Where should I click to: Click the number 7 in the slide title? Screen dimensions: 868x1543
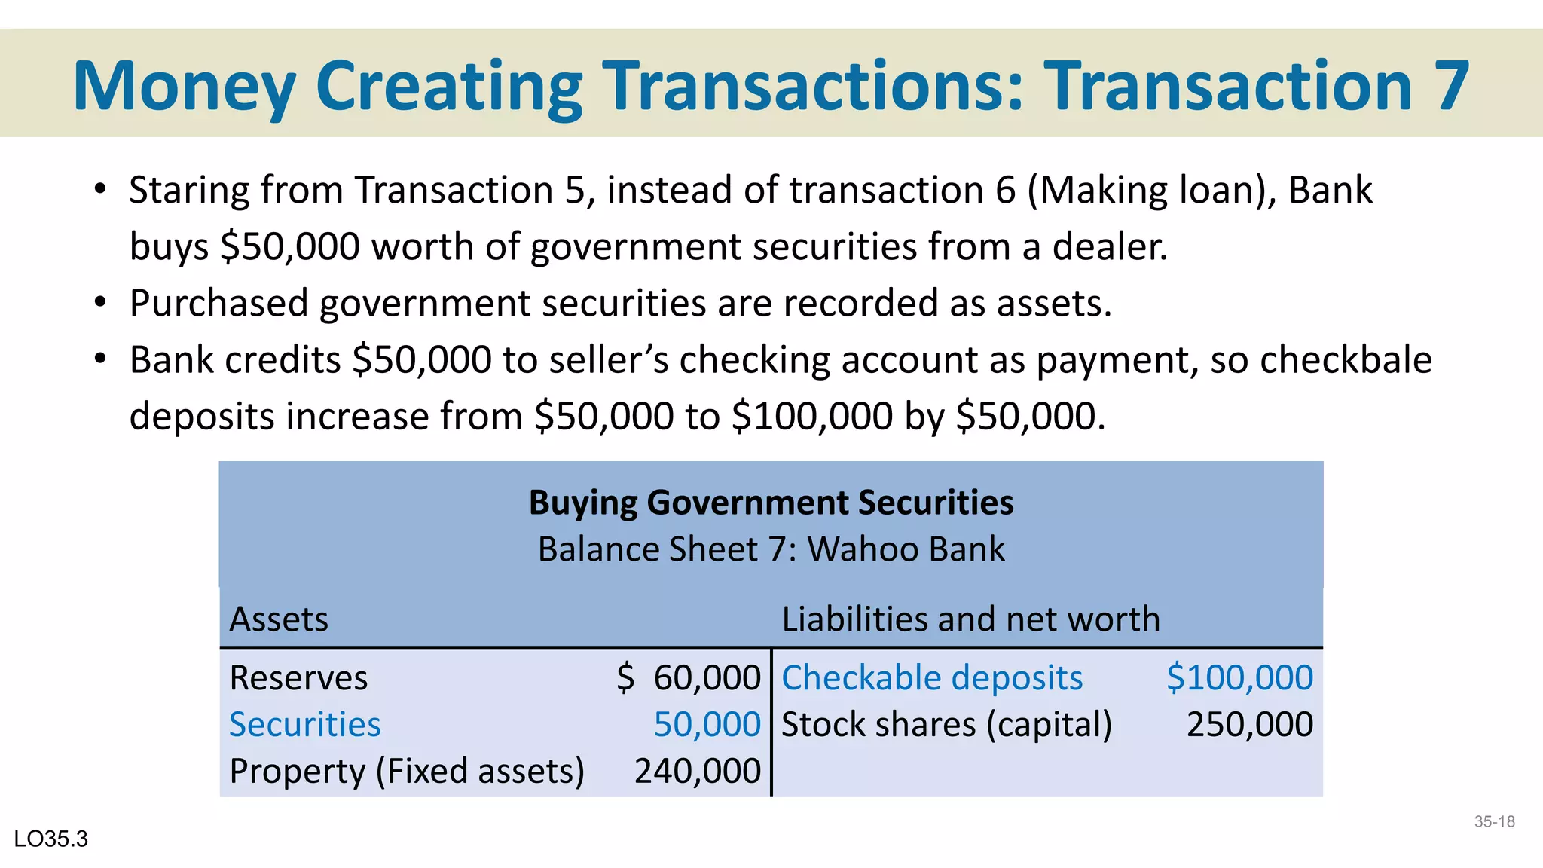[x=1450, y=86]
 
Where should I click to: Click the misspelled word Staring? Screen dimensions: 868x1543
[x=189, y=190]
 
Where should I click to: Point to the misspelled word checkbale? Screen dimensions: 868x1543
[x=1346, y=360]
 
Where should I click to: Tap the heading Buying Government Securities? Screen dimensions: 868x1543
[x=771, y=503]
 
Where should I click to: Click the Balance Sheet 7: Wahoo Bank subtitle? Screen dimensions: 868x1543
[x=771, y=549]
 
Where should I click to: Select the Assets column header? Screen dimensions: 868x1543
[x=279, y=619]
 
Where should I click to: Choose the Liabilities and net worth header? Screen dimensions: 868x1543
[x=970, y=619]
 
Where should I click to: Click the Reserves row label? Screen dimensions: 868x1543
[x=298, y=678]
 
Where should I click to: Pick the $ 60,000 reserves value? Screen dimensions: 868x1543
[x=689, y=678]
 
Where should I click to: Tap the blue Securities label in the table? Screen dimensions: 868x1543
[x=304, y=725]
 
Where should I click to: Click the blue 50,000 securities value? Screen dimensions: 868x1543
[x=707, y=725]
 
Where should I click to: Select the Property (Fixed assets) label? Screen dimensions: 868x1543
[x=407, y=772]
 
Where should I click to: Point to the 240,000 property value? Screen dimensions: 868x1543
[x=697, y=772]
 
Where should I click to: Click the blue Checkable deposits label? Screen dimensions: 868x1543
[x=932, y=678]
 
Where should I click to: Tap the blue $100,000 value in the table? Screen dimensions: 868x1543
[x=1239, y=678]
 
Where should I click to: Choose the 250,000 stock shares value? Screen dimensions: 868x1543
[x=1249, y=725]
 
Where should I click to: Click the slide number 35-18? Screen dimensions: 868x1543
[x=1494, y=822]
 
